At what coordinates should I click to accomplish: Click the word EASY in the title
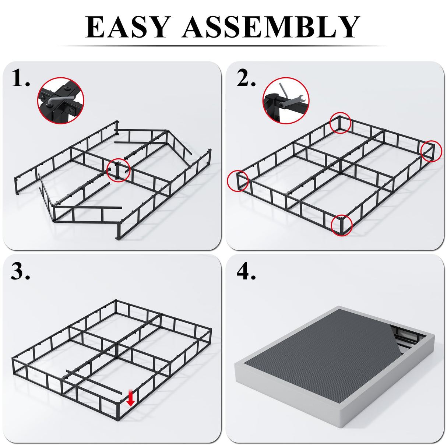point(127,27)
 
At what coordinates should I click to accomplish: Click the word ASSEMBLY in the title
point(270,27)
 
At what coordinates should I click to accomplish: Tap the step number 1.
point(21,78)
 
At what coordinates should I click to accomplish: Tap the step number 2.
point(246,78)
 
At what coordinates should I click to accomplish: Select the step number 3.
point(21,272)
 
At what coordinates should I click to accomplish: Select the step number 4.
point(246,272)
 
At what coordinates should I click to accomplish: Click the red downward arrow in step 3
point(130,399)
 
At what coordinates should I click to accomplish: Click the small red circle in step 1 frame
point(119,170)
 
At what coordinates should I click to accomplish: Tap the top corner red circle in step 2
point(340,123)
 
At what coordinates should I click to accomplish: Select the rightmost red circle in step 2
point(431,151)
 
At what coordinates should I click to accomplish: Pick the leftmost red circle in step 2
point(238,180)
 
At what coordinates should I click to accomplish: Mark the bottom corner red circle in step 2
point(342,225)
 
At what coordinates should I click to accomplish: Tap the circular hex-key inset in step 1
point(61,101)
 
